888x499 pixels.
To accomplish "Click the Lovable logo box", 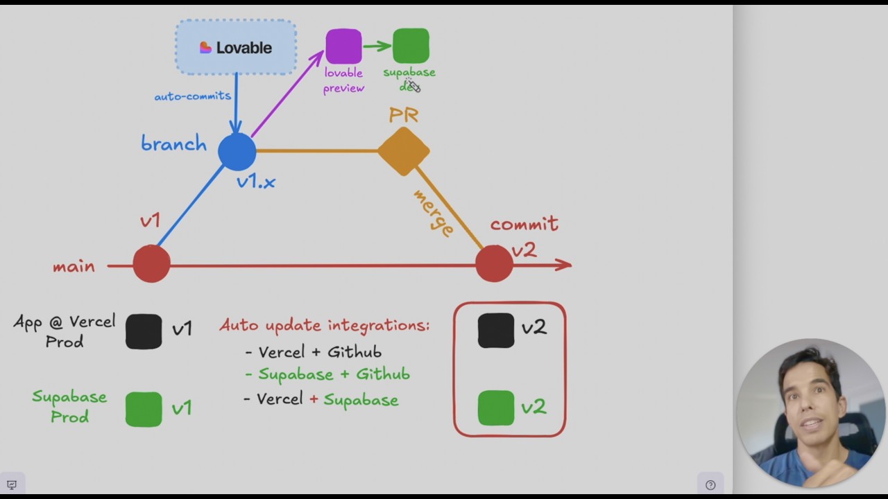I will coord(236,47).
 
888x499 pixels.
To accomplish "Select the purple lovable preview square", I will coord(343,46).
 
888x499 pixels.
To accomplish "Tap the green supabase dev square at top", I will coord(411,46).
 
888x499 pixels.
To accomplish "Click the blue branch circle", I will coord(237,151).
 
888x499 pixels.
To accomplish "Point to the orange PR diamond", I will coord(404,150).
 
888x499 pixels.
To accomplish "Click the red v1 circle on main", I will coord(151,264).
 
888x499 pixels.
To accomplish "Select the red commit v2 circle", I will coord(494,264).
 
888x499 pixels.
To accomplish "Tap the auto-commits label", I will coord(192,96).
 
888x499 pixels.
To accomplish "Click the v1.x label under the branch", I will coord(255,182).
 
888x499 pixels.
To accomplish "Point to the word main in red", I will coord(74,267).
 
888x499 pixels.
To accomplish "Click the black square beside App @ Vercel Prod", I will coord(144,331).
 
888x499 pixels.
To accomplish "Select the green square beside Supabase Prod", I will coord(144,409).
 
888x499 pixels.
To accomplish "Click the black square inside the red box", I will coord(496,330).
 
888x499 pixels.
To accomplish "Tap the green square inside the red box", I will coord(496,408).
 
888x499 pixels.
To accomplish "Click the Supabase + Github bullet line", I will coord(327,374).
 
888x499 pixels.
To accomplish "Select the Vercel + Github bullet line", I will coord(314,352).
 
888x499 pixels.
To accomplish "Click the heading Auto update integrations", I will coord(325,325).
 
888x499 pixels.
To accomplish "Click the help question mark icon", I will coord(710,485).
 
